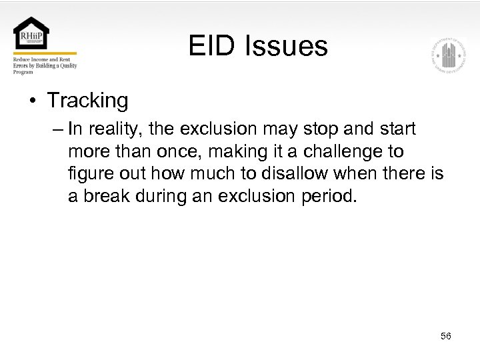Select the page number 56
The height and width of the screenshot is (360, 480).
pyautogui.click(x=445, y=336)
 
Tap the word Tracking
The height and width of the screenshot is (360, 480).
pyautogui.click(x=87, y=101)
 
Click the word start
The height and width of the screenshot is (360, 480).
pyautogui.click(x=395, y=128)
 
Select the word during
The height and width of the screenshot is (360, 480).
pyautogui.click(x=163, y=197)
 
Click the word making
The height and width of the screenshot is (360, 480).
pyautogui.click(x=217, y=151)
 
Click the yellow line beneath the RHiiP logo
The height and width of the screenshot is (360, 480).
pyautogui.click(x=45, y=53)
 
